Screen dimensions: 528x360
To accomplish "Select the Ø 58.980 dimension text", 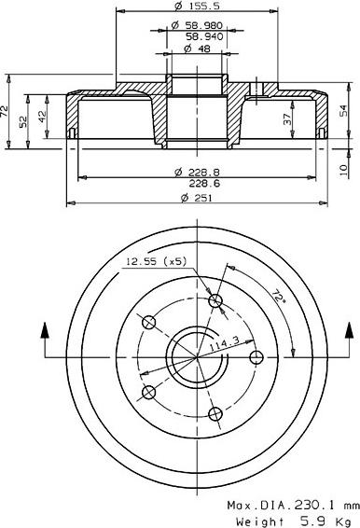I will pyautogui.click(x=196, y=27).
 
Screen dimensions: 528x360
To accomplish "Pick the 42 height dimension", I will pyautogui.click(x=42, y=118).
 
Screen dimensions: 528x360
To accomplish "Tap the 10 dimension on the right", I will pyautogui.click(x=343, y=168).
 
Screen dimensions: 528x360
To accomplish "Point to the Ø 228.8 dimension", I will pyautogui.click(x=196, y=173).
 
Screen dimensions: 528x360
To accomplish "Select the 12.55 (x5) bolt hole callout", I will pyautogui.click(x=156, y=262).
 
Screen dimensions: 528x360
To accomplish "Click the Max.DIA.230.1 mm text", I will pyautogui.click(x=292, y=504).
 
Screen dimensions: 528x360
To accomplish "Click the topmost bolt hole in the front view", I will pyautogui.click(x=216, y=300).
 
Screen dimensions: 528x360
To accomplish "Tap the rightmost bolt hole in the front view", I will pyautogui.click(x=257, y=356).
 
